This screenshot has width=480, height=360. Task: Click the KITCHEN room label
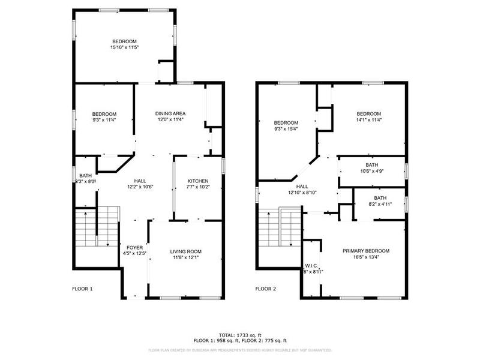198,181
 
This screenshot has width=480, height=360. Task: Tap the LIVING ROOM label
185,251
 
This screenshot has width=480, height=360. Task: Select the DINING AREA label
170,113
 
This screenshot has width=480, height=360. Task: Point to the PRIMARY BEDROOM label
366,251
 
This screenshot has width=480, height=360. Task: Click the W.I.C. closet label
311,265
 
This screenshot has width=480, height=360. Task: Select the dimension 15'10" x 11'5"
125,47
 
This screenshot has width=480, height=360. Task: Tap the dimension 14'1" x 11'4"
368,120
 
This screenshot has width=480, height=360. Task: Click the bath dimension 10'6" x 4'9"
372,171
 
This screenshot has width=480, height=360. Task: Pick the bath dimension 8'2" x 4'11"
380,204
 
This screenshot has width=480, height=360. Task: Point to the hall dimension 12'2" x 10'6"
140,187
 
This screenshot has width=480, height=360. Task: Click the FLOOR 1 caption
83,289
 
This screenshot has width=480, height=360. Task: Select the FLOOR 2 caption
266,289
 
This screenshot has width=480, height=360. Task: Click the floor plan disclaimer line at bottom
240,349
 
